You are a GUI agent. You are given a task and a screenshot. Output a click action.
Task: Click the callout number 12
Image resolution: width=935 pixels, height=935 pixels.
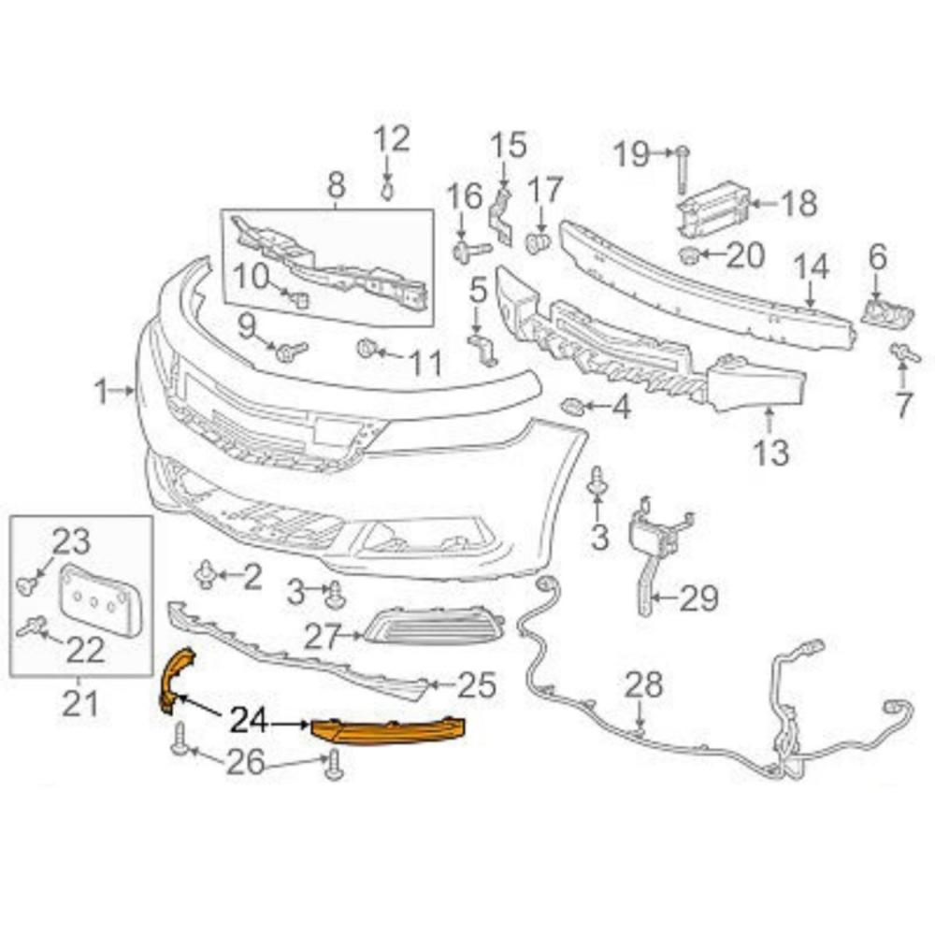(392, 139)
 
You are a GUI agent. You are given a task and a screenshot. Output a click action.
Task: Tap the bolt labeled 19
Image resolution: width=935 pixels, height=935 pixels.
(683, 169)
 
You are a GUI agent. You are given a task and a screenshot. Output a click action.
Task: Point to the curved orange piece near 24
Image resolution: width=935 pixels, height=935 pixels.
(176, 677)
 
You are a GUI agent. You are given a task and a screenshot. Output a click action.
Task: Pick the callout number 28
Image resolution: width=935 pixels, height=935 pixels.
(643, 686)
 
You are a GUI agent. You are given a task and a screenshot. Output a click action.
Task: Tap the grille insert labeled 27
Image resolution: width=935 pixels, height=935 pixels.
(434, 628)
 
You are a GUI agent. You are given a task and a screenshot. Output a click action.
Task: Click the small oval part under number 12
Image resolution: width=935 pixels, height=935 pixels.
(388, 191)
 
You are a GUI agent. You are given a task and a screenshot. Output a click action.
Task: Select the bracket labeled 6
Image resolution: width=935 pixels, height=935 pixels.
(886, 312)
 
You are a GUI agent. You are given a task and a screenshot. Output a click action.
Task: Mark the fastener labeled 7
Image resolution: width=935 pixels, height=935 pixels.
(904, 353)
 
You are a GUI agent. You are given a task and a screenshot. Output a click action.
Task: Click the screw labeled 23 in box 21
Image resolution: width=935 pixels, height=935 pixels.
(25, 586)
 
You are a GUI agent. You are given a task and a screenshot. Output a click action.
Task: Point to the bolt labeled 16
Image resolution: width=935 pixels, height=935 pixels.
(471, 251)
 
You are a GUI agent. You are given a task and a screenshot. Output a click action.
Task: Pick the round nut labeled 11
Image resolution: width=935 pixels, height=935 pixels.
(365, 348)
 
